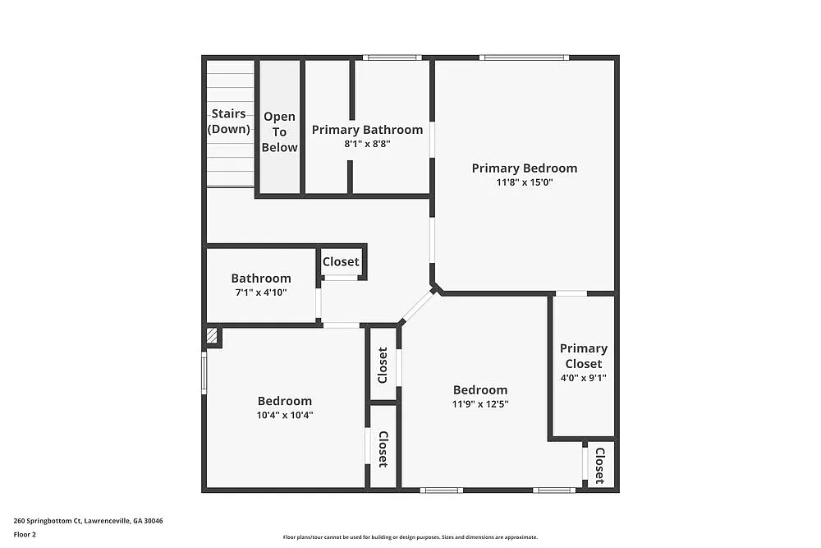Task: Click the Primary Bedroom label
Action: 524,168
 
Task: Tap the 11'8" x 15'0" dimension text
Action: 524,182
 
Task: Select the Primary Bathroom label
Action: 367,130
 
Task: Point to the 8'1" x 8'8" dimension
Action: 367,143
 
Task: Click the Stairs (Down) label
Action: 228,121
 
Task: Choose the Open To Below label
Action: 279,132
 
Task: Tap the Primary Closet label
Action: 583,356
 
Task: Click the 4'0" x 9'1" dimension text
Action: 583,377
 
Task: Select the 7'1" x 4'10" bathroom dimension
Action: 260,292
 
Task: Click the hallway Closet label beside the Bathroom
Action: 341,261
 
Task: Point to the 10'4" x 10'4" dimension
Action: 285,415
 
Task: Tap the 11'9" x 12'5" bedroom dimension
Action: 480,403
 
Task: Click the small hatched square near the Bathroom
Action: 212,335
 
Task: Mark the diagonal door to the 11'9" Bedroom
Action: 417,306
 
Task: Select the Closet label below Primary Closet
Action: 599,465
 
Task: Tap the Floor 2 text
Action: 25,534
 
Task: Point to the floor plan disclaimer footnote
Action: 411,536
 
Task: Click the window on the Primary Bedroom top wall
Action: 524,58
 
